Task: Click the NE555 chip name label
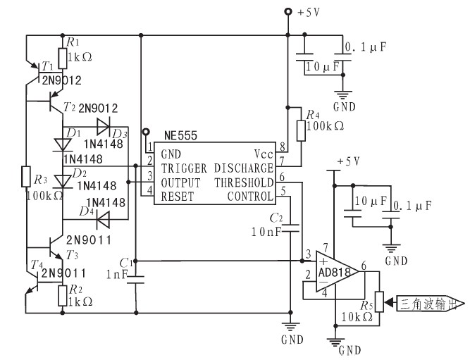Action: (180, 136)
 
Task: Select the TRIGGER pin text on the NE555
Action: (184, 168)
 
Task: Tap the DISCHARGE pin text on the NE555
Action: (243, 168)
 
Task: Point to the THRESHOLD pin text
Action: (244, 182)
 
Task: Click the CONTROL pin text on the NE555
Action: (250, 197)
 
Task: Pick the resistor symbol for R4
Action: (301, 131)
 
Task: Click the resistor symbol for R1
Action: (62, 58)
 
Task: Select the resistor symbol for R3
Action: (26, 177)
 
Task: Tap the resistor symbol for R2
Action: (62, 296)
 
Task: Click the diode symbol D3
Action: (103, 127)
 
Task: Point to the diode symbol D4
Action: (103, 220)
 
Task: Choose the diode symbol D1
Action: (62, 145)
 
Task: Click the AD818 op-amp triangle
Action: (338, 271)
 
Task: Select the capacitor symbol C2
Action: (290, 228)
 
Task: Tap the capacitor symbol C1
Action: (136, 280)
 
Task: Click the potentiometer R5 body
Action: (379, 302)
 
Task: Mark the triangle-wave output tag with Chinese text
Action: (431, 304)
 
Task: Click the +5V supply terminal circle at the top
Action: (287, 12)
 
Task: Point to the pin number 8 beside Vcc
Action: (283, 147)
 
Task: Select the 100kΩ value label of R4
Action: (325, 126)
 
